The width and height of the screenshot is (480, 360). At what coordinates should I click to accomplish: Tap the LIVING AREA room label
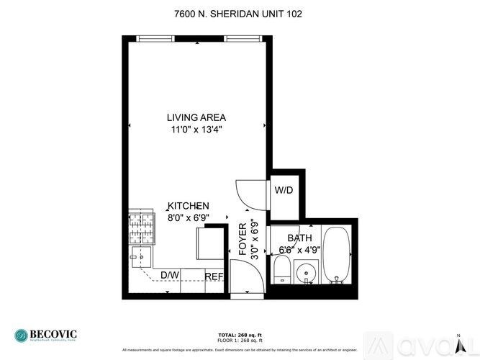[x=196, y=117]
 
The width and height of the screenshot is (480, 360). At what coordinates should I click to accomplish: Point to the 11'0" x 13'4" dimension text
[x=196, y=130]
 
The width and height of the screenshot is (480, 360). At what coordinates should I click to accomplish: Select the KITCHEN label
[x=189, y=206]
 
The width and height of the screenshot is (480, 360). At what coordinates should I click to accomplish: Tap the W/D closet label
[x=283, y=191]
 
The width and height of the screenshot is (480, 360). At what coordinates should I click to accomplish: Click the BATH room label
[x=299, y=238]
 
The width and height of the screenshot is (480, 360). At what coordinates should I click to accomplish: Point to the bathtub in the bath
[x=336, y=256]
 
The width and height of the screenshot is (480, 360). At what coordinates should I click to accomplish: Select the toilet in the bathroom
[x=281, y=270]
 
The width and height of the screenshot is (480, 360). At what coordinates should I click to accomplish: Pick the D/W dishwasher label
[x=169, y=275]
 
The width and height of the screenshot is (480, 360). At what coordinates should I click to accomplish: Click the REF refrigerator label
[x=214, y=276]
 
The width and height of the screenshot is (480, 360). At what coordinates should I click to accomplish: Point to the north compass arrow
[x=458, y=339]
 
